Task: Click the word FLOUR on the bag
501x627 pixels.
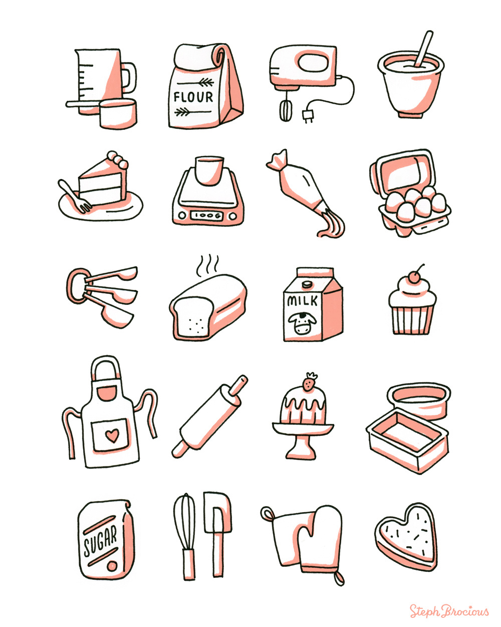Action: pyautogui.click(x=193, y=97)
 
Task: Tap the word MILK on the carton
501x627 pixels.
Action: pyautogui.click(x=302, y=300)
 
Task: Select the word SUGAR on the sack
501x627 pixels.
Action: pyautogui.click(x=100, y=540)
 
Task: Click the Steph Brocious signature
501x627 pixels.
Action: pyautogui.click(x=449, y=610)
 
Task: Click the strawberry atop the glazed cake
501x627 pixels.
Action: pyautogui.click(x=309, y=382)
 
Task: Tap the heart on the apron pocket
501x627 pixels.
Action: pyautogui.click(x=112, y=435)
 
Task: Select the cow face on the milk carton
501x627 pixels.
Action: pyautogui.click(x=302, y=323)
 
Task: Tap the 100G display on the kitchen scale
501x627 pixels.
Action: pyautogui.click(x=207, y=216)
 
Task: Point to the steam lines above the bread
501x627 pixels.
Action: pyautogui.click(x=207, y=265)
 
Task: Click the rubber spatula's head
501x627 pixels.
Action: pyautogui.click(x=217, y=513)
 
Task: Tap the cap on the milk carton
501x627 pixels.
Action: pyautogui.click(x=306, y=283)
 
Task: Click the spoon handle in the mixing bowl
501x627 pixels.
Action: pyautogui.click(x=424, y=49)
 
